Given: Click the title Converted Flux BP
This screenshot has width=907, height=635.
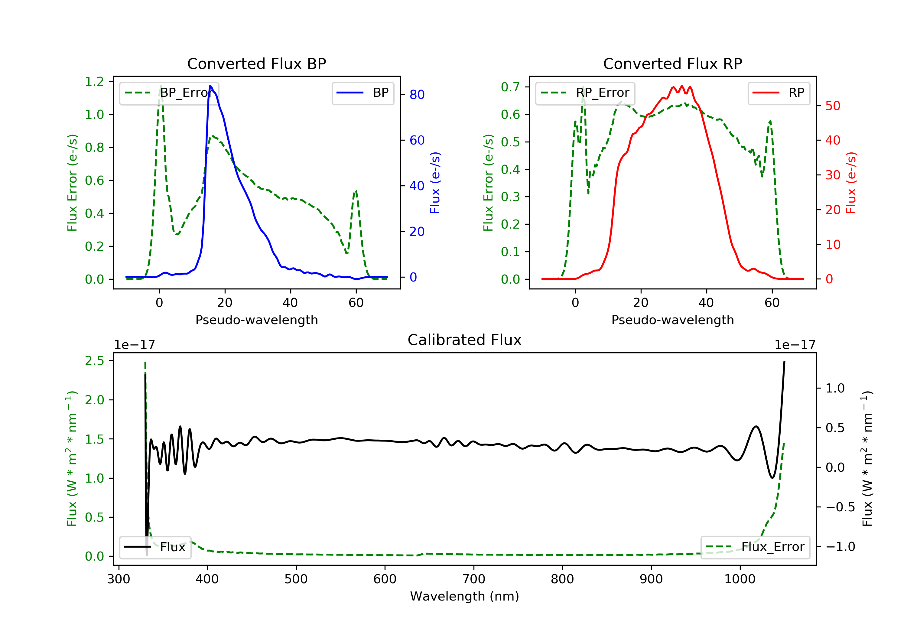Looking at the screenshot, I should pos(256,63).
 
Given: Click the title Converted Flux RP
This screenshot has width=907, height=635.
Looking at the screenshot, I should pos(672,63).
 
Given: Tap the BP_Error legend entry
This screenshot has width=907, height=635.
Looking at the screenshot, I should pos(169,93).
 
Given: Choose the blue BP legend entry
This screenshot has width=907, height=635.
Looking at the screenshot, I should pos(362,93).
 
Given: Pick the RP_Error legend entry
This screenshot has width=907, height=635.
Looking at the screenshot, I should pos(585,93).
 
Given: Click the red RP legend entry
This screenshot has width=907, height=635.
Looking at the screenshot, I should pos(779,93).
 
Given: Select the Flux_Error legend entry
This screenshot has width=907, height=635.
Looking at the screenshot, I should pos(755,547).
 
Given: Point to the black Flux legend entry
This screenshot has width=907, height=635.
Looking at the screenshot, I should pos(155,547).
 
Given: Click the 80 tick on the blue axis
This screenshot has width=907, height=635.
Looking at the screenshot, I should pos(417,94).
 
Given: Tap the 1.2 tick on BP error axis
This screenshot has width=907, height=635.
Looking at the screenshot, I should pos(94,82).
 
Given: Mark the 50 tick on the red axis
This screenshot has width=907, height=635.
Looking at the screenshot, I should pos(833,106).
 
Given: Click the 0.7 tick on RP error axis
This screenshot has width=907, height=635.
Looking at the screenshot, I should pos(510,87).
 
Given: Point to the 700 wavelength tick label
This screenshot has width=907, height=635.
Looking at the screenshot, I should pos(474,579).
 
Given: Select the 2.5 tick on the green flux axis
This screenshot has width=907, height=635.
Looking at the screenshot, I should pos(94,361).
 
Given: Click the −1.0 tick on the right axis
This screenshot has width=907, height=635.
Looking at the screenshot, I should pos(840,547).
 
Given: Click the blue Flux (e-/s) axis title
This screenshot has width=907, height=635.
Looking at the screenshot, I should pos(435,183).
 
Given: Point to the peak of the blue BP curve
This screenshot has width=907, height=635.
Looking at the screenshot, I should pos(210,86).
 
